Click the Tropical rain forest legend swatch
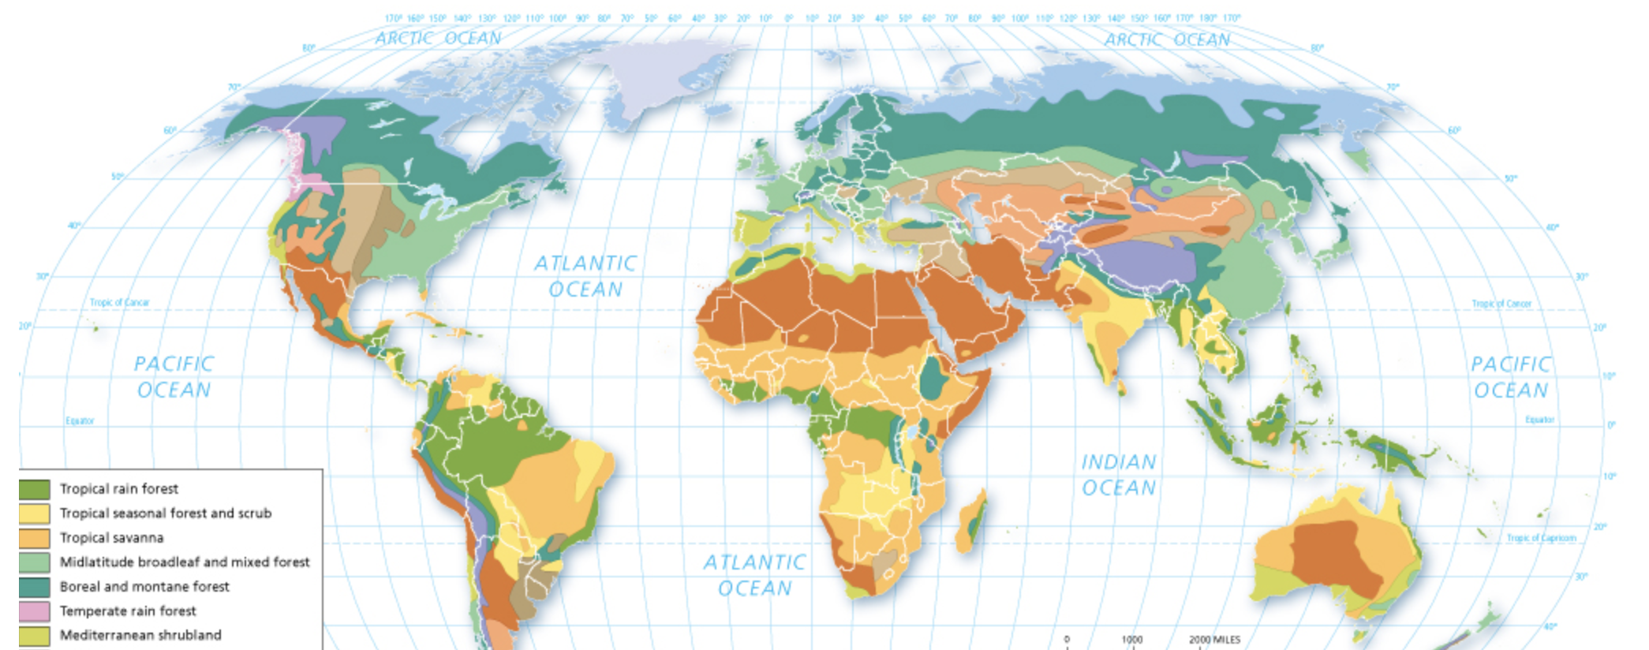coord(35,489)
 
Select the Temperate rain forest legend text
coord(128,611)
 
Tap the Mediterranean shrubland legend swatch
coord(35,635)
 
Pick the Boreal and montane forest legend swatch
coord(35,587)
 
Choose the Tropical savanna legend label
coord(111,538)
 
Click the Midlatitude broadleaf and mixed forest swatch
coord(35,562)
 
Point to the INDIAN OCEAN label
coord(1118,475)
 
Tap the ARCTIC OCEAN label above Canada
coord(438,38)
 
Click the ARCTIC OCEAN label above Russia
coord(1166,39)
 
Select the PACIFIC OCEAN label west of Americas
coord(174,377)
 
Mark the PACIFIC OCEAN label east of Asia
coord(1510,377)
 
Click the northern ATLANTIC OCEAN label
coord(585,276)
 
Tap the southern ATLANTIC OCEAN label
coord(754,575)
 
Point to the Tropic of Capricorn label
coord(1541,538)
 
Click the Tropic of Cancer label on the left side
coord(119,302)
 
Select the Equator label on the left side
coord(80,420)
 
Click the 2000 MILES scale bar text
coord(1214,640)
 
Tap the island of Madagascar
coord(972,522)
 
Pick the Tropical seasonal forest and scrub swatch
coord(35,514)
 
